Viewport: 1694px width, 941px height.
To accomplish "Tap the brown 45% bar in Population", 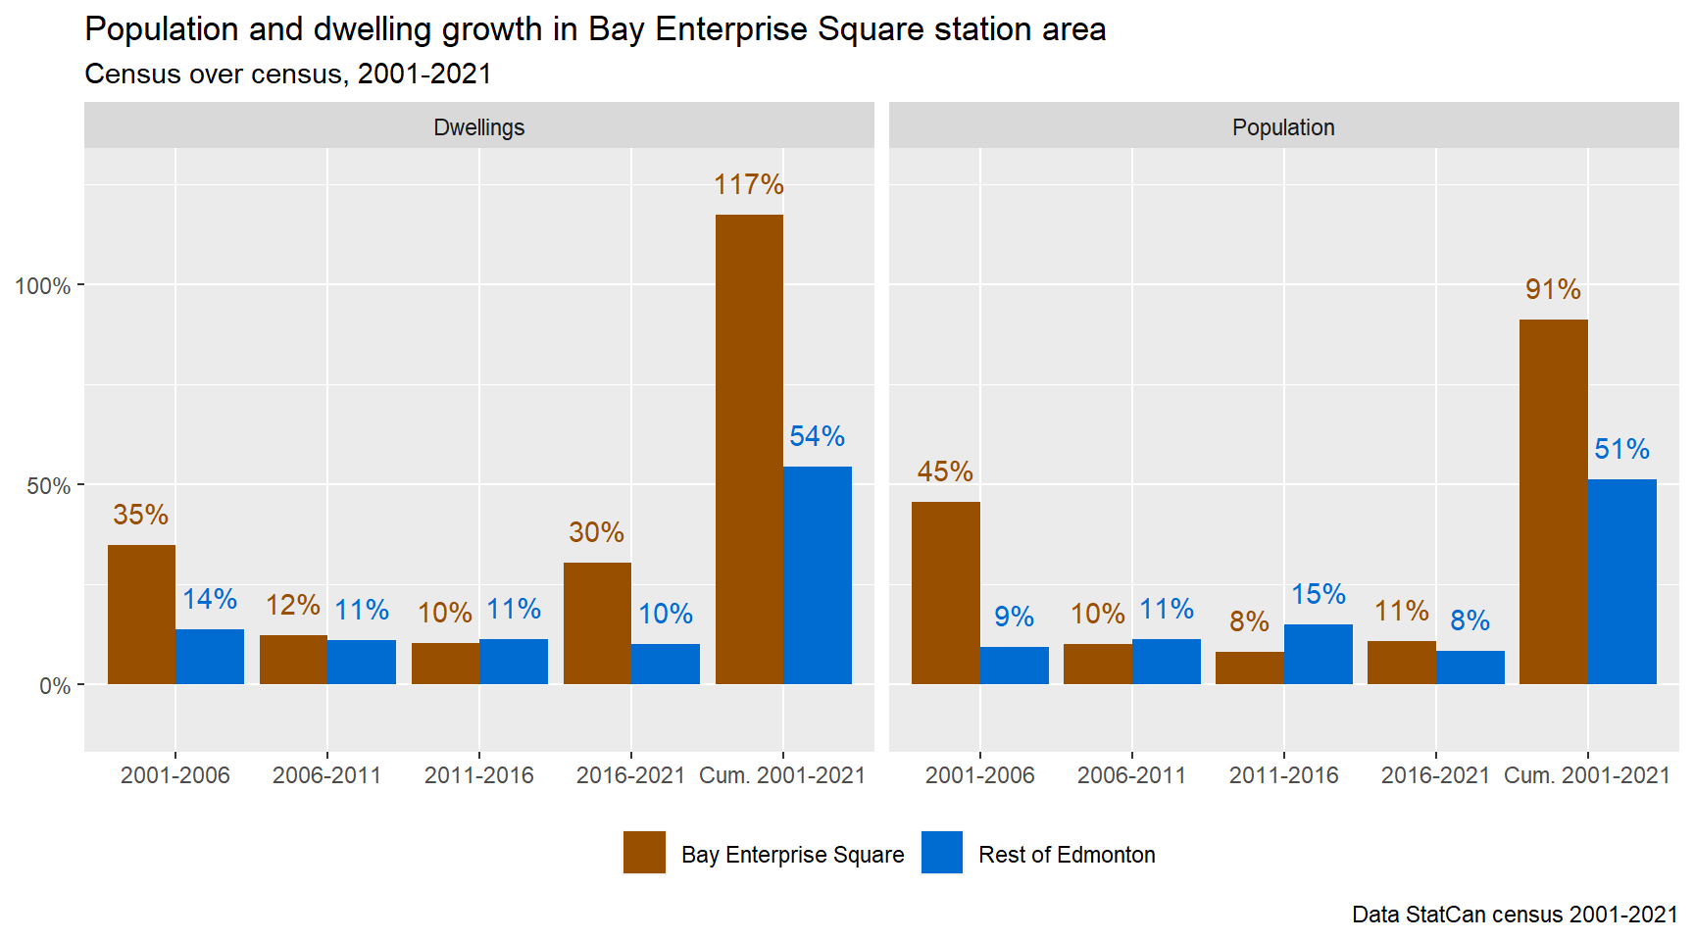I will click(945, 593).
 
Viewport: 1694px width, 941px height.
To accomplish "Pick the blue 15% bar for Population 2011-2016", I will click(1318, 654).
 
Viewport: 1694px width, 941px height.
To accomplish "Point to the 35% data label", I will click(140, 515).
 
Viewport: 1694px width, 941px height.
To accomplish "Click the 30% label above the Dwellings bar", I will click(596, 532).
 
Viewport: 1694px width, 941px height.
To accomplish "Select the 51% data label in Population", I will click(1621, 450).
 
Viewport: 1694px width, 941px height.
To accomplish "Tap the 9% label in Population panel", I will click(1014, 617).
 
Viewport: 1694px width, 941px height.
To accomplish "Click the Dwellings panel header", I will click(479, 127).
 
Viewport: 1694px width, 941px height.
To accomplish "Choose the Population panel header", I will click(1283, 127).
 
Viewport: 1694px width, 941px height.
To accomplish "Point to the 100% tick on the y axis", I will click(42, 286).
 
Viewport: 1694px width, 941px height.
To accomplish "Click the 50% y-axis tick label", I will click(48, 486).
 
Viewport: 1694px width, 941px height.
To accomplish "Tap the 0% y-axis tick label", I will click(54, 686).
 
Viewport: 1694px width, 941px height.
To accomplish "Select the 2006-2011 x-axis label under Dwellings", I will click(326, 775).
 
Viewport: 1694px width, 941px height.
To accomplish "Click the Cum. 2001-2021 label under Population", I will click(1586, 775).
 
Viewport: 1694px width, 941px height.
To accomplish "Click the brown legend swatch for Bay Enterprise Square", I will click(644, 853).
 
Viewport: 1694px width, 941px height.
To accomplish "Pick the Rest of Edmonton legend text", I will click(1067, 855).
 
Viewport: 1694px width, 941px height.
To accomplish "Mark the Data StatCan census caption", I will click(1515, 915).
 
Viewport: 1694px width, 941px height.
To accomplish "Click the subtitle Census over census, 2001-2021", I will click(288, 74).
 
